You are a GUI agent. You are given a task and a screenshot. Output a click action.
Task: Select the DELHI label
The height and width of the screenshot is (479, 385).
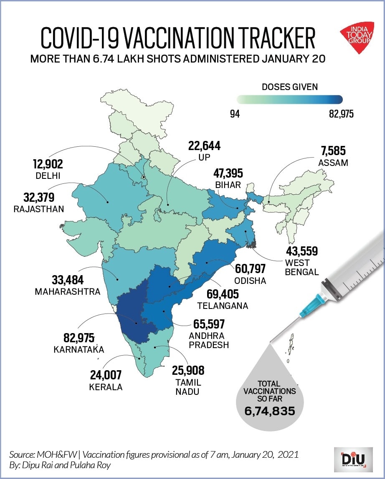(x=48, y=176)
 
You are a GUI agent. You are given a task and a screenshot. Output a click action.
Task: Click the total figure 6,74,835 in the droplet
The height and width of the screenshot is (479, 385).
(x=269, y=411)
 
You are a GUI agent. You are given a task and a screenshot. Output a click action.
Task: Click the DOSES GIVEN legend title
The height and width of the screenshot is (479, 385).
(x=290, y=87)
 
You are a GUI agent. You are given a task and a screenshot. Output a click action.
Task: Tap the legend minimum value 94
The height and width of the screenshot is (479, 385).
(x=235, y=113)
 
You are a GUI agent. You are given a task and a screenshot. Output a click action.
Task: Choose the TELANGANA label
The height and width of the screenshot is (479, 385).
(x=223, y=306)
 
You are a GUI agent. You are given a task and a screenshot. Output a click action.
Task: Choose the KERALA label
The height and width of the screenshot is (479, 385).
(x=106, y=387)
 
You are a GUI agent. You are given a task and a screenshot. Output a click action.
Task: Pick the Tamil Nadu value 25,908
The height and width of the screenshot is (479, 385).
(x=188, y=370)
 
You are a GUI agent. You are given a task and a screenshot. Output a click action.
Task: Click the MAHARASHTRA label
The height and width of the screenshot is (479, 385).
(x=68, y=291)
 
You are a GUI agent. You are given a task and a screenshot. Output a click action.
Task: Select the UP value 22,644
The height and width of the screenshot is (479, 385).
(x=204, y=146)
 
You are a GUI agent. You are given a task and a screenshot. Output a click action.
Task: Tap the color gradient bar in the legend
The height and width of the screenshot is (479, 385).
(x=290, y=100)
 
